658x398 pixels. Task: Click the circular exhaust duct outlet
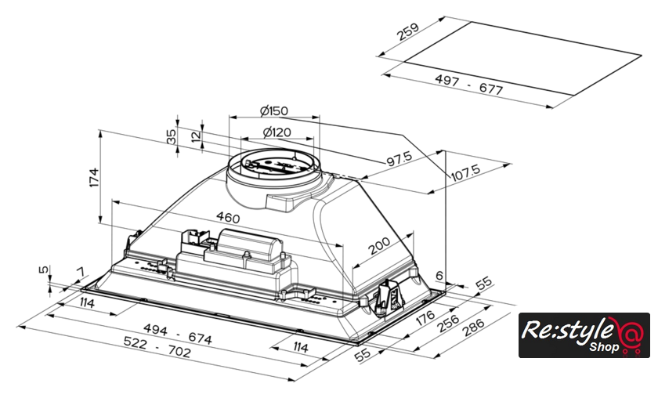(x=273, y=168)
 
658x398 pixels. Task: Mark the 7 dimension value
(x=79, y=272)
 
